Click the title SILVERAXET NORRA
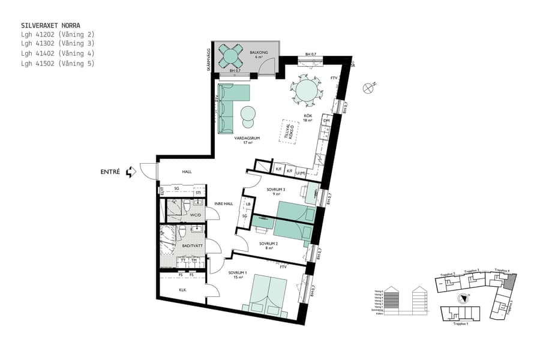[50, 26]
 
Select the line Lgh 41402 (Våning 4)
[58, 53]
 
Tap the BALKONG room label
[259, 52]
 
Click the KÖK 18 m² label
[308, 118]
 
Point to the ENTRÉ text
[110, 172]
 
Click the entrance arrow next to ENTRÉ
[131, 172]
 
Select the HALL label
[187, 172]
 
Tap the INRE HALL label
[224, 203]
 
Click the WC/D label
[195, 214]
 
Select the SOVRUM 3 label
[276, 191]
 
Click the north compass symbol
[368, 88]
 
